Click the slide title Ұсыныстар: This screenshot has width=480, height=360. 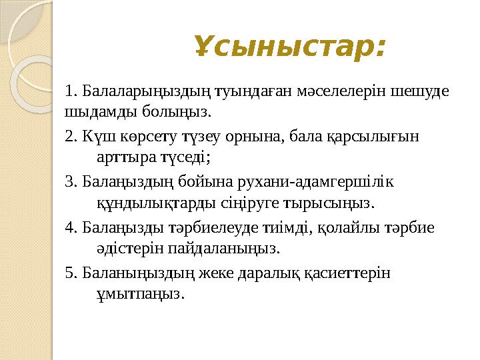pyautogui.click(x=290, y=47)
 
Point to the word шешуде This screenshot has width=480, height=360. pyautogui.click(x=423, y=90)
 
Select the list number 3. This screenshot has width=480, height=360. pyautogui.click(x=71, y=181)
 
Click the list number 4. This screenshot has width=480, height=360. pyautogui.click(x=71, y=227)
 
